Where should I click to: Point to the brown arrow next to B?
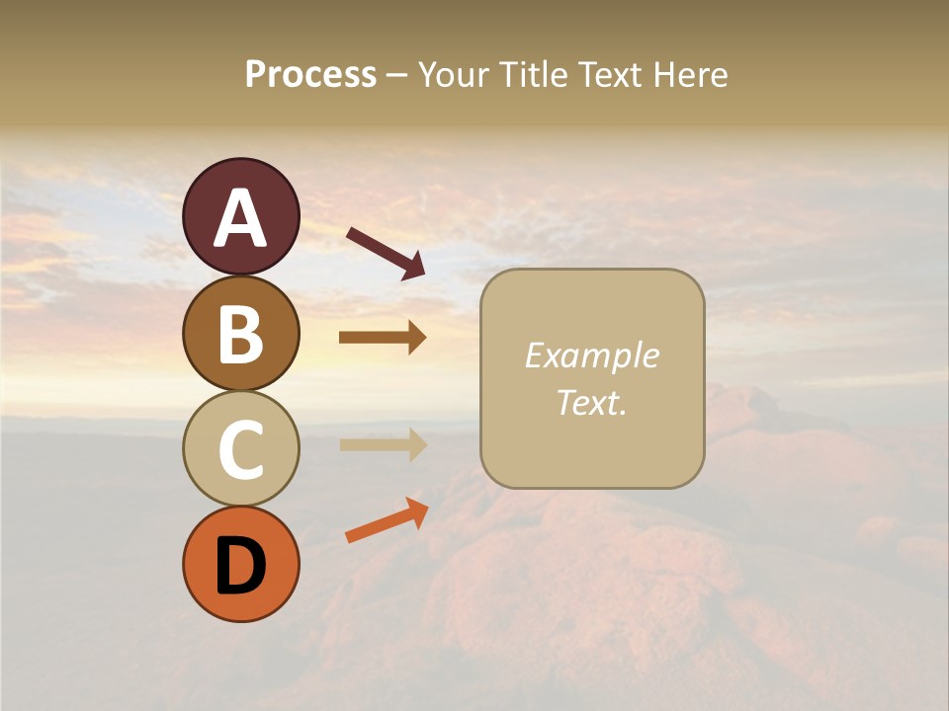pyautogui.click(x=383, y=338)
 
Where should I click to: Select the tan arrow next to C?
pyautogui.click(x=383, y=444)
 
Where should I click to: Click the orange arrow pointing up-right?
pyautogui.click(x=387, y=520)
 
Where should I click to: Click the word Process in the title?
pyautogui.click(x=310, y=75)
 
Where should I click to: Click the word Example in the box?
pyautogui.click(x=591, y=355)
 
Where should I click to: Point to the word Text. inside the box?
pyautogui.click(x=591, y=402)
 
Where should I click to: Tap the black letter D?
pyautogui.click(x=240, y=566)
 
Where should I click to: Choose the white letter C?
pyautogui.click(x=240, y=450)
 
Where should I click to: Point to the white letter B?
pyautogui.click(x=240, y=335)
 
